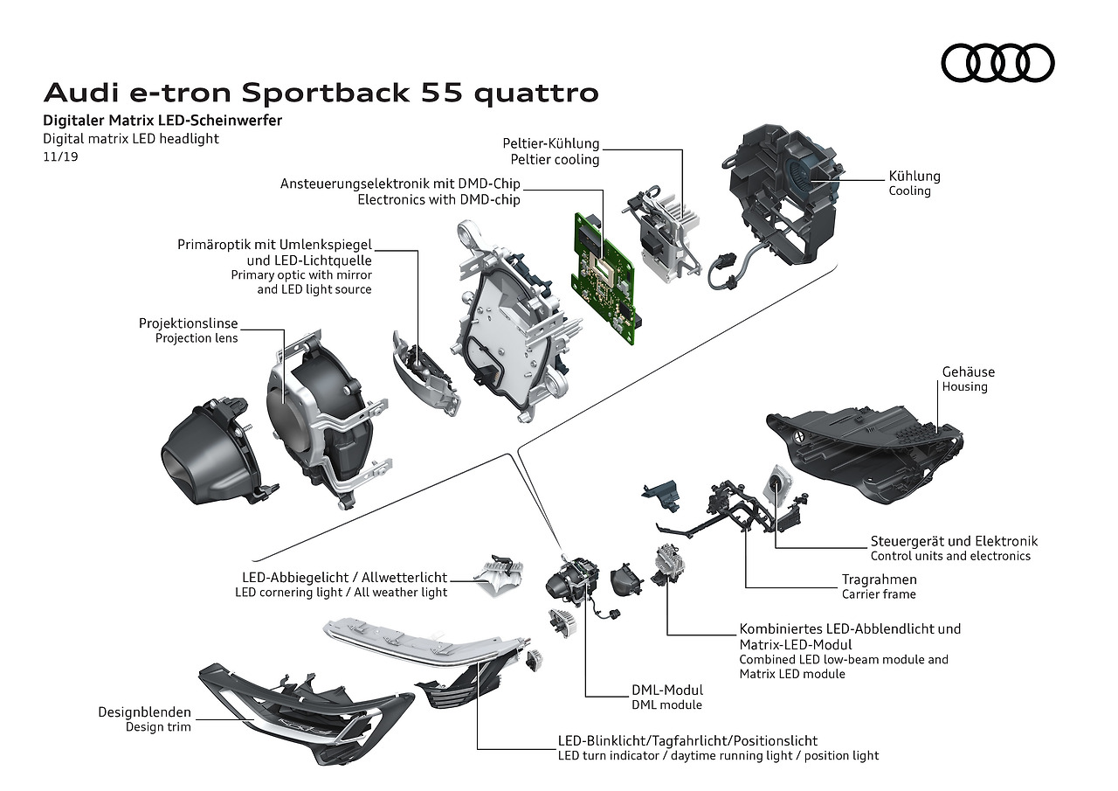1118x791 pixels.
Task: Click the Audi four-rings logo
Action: (x=997, y=63)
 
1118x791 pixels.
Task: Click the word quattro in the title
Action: (x=537, y=93)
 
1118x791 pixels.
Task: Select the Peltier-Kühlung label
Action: (x=550, y=143)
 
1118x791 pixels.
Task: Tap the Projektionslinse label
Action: (x=188, y=323)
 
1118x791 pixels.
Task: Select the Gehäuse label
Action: (x=968, y=371)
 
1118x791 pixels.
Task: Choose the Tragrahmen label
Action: (x=879, y=579)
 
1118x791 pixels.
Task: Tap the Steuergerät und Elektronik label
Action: (x=954, y=541)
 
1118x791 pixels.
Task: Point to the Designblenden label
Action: (x=144, y=712)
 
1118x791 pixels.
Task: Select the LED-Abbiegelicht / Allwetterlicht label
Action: (x=344, y=578)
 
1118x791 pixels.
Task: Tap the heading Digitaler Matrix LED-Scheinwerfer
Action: (x=162, y=121)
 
